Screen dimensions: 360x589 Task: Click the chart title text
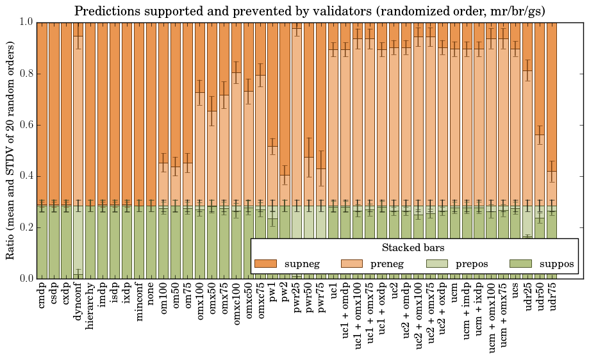(310, 11)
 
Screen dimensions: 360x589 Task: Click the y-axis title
(11, 150)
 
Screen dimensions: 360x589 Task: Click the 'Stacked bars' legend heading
(413, 248)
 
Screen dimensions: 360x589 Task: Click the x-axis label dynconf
(78, 304)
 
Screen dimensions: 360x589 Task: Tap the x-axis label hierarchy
(90, 306)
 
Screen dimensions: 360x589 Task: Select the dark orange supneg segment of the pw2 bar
(285, 96)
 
